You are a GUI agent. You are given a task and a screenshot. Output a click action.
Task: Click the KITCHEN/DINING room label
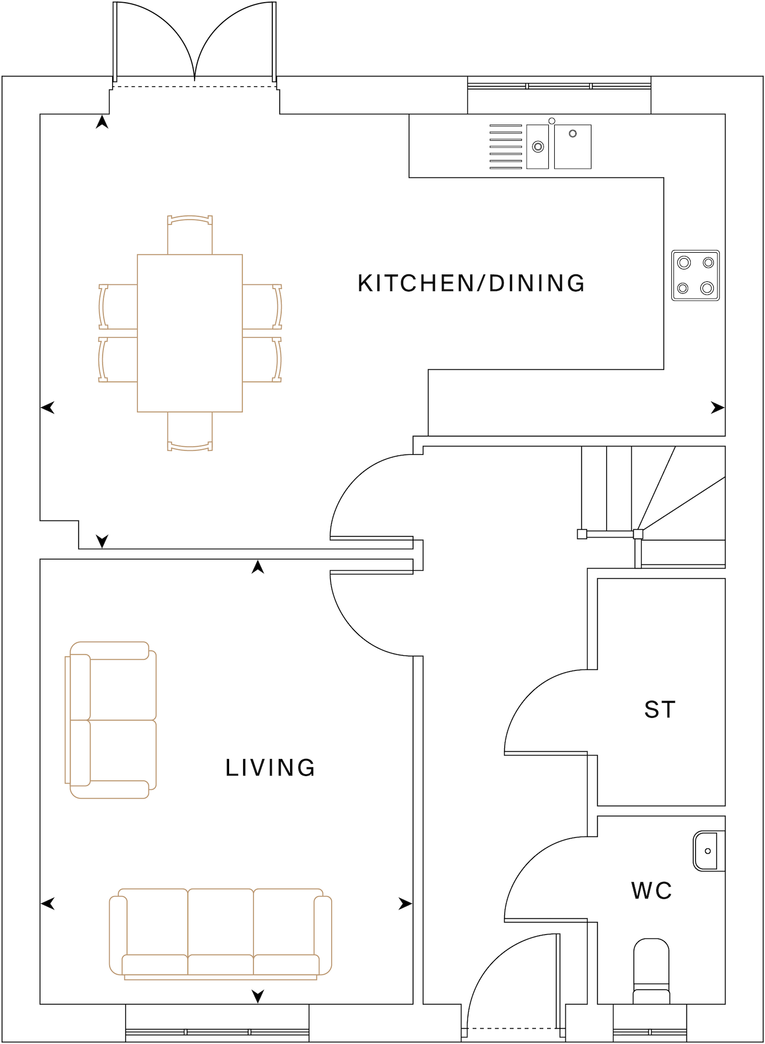(471, 284)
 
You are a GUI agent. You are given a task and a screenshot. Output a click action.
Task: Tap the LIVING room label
(270, 768)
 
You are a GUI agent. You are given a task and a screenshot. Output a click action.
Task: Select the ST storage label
(660, 710)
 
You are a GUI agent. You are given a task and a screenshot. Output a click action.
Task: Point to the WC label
(651, 891)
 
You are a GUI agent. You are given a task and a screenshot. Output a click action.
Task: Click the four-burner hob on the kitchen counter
(695, 275)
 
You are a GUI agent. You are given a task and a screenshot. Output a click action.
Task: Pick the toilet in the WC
(651, 971)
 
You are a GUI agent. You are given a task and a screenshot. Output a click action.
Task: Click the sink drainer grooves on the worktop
(505, 147)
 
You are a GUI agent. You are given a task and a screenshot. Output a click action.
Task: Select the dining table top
(190, 333)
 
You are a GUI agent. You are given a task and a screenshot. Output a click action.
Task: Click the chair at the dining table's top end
(190, 234)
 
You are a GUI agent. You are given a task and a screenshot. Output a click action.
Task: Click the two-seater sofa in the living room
(111, 720)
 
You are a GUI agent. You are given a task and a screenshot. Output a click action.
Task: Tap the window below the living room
(217, 1032)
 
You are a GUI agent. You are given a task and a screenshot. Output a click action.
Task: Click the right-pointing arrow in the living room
(405, 904)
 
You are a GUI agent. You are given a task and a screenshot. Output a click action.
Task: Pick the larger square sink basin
(573, 147)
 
